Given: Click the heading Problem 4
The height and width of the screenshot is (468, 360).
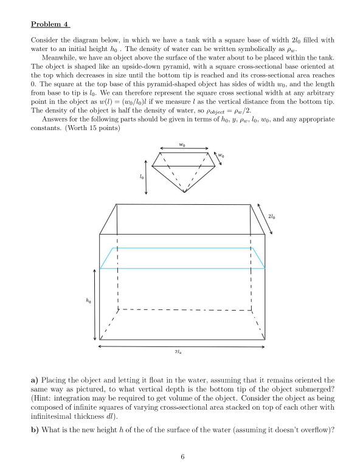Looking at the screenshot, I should pos(50,25).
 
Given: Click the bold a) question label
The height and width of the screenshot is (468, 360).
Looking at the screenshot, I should pos(34,380).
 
